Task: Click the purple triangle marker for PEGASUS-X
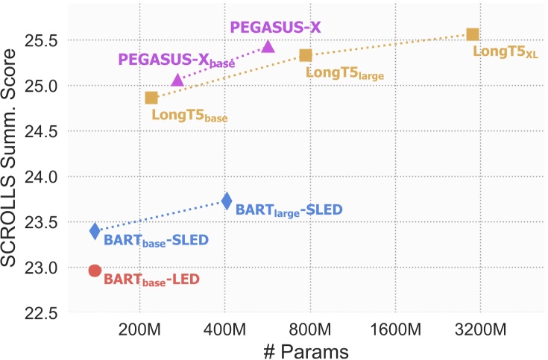coord(268,47)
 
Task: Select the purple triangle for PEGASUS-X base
coord(177,80)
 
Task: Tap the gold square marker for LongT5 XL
coord(472,34)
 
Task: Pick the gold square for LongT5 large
coord(305,55)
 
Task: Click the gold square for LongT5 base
coord(151,98)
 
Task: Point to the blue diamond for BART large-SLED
coord(227,200)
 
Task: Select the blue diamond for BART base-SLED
coord(95,231)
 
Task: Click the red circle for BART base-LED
coord(95,271)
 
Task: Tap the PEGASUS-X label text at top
coord(275,27)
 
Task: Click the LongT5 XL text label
coord(506,53)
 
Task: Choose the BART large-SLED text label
coord(289,210)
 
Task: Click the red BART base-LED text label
coord(151,280)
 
